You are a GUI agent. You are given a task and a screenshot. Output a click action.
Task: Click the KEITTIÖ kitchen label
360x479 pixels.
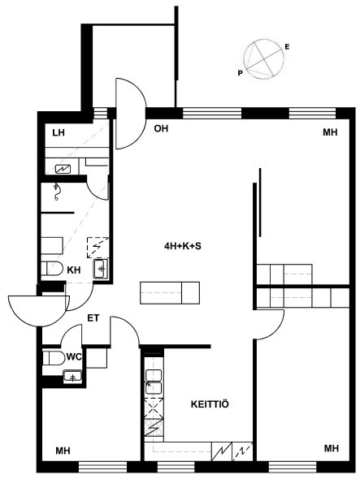click(x=210, y=404)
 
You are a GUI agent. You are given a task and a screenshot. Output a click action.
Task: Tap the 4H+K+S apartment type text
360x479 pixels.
click(x=183, y=246)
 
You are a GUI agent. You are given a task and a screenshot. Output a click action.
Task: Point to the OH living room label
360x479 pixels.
click(x=161, y=128)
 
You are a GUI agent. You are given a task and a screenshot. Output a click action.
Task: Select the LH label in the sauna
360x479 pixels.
click(x=59, y=133)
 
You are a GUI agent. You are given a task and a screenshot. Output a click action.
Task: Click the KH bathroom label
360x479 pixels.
click(x=74, y=270)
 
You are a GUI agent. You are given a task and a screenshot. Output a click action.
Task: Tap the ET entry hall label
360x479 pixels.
click(x=93, y=318)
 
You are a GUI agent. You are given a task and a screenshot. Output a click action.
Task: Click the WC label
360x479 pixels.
click(x=74, y=356)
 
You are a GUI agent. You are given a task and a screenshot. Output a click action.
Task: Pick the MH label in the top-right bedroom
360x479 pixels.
click(x=330, y=132)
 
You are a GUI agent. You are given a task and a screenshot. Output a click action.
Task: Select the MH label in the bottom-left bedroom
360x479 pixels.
click(x=63, y=451)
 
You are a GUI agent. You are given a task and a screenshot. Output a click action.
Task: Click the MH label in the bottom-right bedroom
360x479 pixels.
click(x=332, y=448)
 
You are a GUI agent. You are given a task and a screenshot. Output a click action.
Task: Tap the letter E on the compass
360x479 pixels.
click(x=287, y=47)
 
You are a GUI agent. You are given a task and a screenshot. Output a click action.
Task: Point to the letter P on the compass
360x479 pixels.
click(x=240, y=73)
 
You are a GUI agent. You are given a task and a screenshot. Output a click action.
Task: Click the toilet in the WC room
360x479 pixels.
click(x=54, y=358)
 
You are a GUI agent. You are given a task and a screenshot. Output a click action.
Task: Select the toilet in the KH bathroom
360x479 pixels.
click(x=52, y=269)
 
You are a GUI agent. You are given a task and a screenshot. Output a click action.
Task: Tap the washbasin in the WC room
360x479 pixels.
click(x=72, y=376)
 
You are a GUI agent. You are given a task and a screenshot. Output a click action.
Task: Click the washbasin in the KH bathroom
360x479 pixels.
click(x=101, y=268)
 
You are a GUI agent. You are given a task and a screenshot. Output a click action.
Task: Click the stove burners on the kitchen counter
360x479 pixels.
click(x=154, y=427)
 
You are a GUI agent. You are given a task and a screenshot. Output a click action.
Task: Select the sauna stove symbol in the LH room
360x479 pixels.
click(x=63, y=169)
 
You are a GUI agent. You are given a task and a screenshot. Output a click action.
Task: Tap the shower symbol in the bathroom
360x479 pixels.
click(x=56, y=192)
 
